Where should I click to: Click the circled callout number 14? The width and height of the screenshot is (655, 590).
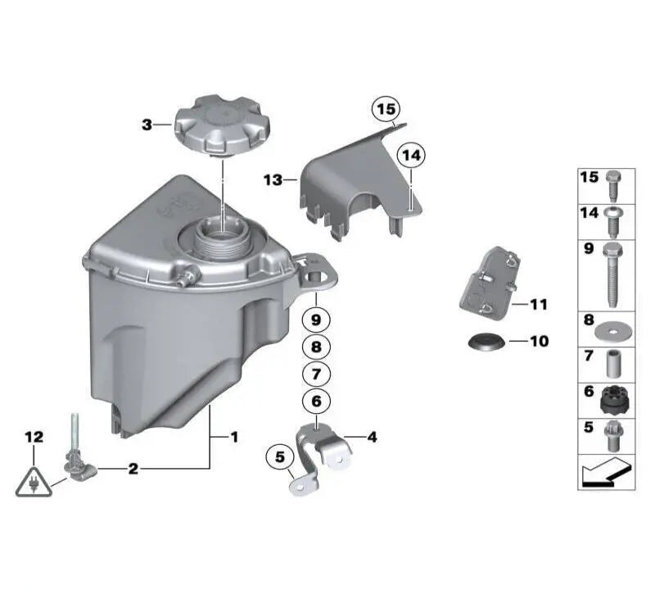click(412, 155)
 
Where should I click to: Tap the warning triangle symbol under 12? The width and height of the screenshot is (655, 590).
click(34, 481)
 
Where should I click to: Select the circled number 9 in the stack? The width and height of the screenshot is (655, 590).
click(317, 317)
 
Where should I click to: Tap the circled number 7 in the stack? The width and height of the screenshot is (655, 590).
click(317, 374)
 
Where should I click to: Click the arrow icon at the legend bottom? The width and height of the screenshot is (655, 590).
click(606, 474)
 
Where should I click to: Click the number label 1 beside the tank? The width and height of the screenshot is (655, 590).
click(233, 438)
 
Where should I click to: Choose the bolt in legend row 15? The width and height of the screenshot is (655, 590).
click(612, 185)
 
